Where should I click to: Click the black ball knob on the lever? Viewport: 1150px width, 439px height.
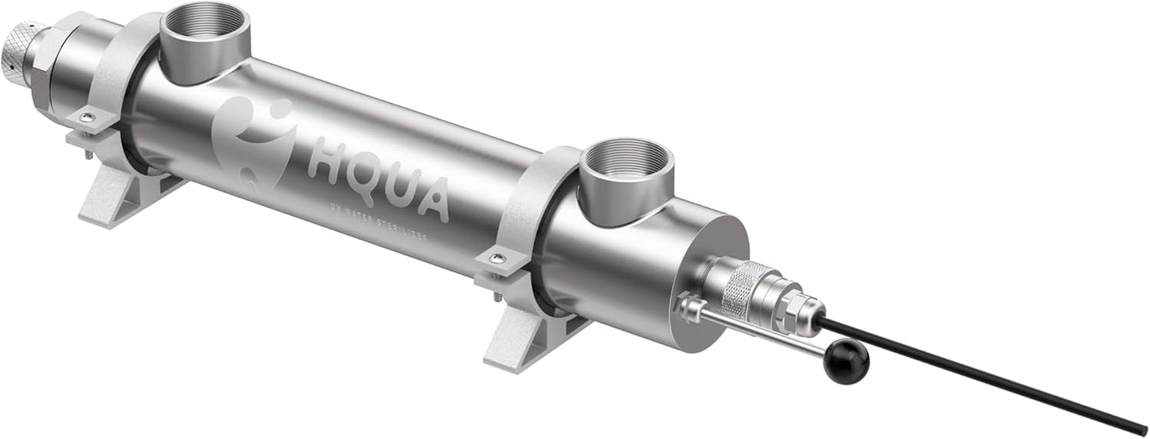pos(846,363)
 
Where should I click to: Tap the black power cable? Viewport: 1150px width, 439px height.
pos(995,375)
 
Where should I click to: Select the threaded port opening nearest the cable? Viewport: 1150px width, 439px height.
pos(626,163)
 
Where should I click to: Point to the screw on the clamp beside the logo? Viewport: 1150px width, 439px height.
pos(88,118)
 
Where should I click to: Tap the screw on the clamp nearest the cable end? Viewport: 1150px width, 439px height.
pos(497,257)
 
